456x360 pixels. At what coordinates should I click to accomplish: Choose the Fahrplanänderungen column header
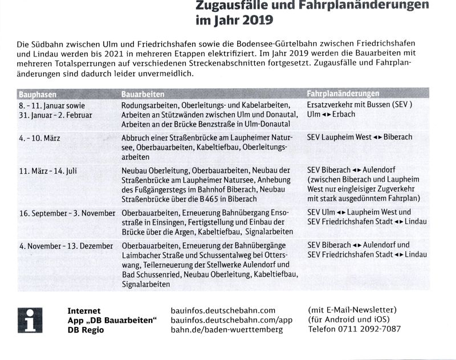[343, 93]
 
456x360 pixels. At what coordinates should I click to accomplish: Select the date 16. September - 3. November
[68, 212]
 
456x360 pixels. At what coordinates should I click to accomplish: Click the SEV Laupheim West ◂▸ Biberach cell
[359, 137]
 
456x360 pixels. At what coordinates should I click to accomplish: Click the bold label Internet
[84, 310]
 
